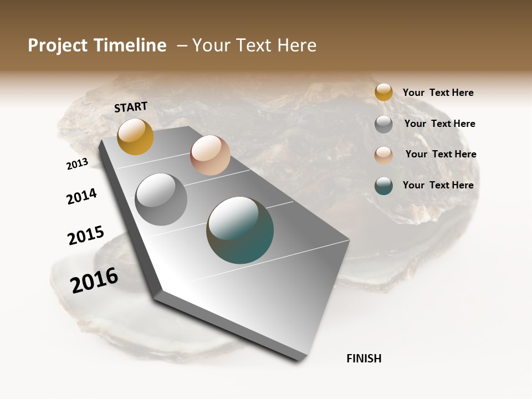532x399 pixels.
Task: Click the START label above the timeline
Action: (x=131, y=107)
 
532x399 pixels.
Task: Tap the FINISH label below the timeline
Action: (x=364, y=359)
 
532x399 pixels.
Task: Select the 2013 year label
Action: (x=77, y=164)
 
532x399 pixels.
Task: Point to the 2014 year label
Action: (x=81, y=196)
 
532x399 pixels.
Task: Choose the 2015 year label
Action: (x=86, y=236)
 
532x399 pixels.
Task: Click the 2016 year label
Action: (x=94, y=280)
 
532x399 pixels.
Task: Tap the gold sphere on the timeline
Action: (x=135, y=137)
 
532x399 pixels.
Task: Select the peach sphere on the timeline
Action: (x=210, y=155)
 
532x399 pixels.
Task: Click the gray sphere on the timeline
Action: (x=161, y=199)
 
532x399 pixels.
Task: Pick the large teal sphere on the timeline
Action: (x=240, y=230)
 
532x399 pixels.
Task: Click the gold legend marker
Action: (x=383, y=92)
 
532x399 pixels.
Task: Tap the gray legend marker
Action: (x=383, y=124)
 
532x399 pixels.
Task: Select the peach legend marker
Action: (x=383, y=155)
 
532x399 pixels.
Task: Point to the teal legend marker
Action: (x=383, y=186)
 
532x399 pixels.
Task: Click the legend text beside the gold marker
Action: (x=438, y=93)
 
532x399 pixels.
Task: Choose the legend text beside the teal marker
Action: (x=438, y=185)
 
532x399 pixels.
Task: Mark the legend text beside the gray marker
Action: (x=439, y=124)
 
